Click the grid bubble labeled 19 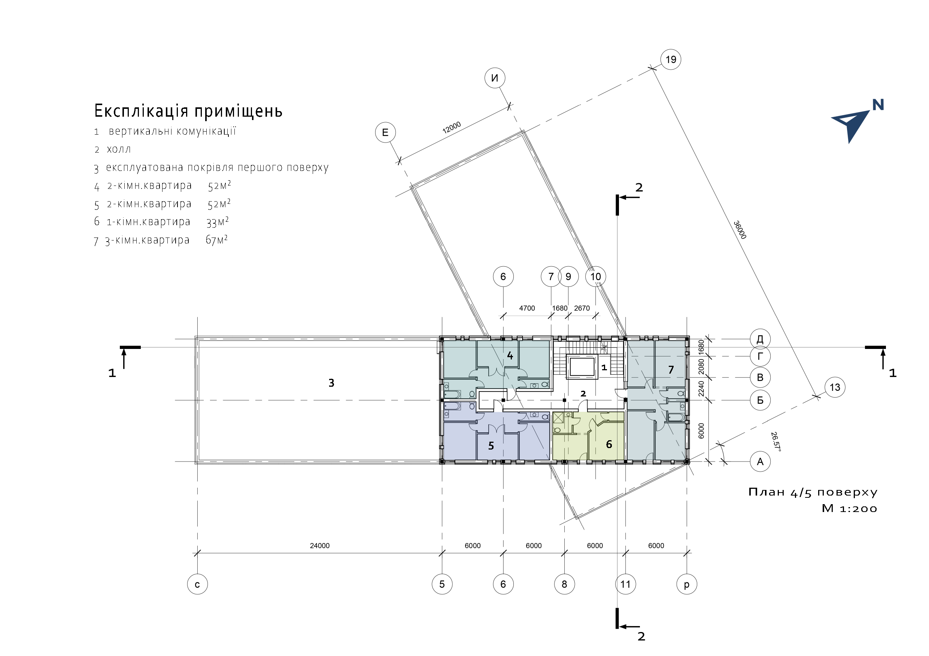[671, 59]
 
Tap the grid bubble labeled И [494, 78]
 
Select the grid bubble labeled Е [385, 132]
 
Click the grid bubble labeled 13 [835, 387]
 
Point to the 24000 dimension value [320, 546]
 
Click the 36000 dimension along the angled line [740, 230]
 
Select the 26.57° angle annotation [775, 442]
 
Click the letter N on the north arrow [878, 105]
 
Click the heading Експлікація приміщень [188, 111]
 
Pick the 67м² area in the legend [216, 240]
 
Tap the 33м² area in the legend [217, 222]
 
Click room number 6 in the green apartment [608, 445]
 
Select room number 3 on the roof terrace [331, 383]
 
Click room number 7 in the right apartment [671, 370]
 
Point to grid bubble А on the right [760, 462]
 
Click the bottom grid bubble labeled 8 [564, 584]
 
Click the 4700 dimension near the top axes [527, 309]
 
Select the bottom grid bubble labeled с [197, 584]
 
